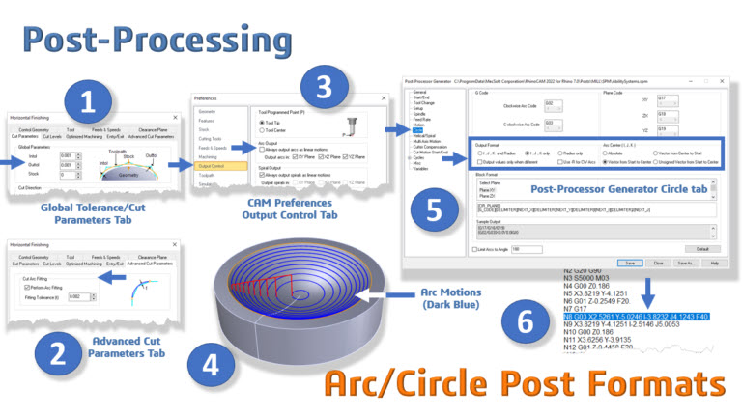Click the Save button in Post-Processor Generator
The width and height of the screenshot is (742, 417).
coord(629,263)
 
